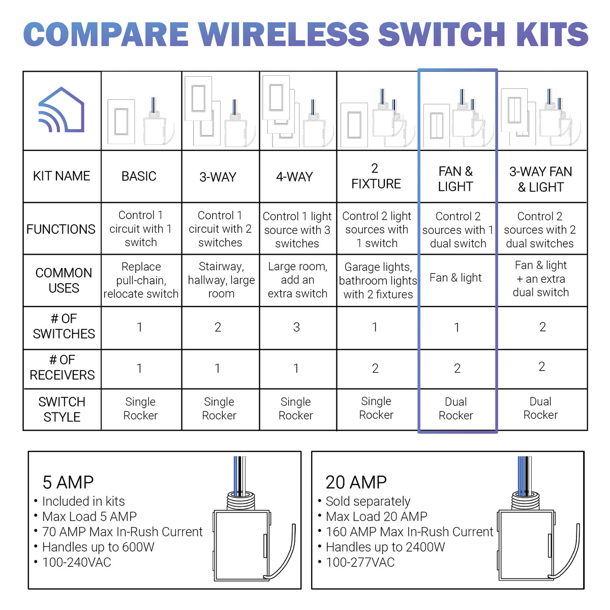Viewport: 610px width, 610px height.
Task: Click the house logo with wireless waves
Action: [62, 110]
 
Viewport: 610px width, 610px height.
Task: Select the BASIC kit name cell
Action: [139, 176]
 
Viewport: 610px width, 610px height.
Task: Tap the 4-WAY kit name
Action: [294, 177]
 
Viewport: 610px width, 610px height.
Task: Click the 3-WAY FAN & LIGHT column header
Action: [541, 179]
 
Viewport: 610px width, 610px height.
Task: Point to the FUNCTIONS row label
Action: [61, 229]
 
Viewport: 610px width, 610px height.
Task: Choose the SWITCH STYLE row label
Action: [62, 409]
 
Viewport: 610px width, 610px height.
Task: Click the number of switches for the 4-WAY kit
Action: [296, 327]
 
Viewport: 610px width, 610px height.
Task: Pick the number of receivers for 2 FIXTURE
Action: [375, 369]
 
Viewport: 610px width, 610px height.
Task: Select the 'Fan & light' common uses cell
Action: [455, 278]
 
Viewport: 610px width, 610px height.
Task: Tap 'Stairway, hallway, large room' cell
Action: [221, 280]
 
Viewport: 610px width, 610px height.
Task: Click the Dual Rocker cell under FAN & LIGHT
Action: [455, 409]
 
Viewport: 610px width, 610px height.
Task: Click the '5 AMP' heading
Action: [68, 482]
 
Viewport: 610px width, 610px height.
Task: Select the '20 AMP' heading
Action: [356, 482]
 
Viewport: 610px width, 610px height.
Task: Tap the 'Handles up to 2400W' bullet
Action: [385, 547]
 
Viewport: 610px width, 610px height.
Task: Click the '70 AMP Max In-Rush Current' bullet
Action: [122, 532]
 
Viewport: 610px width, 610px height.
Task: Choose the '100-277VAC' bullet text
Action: [360, 562]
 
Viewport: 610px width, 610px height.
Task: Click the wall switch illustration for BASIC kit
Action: [121, 122]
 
